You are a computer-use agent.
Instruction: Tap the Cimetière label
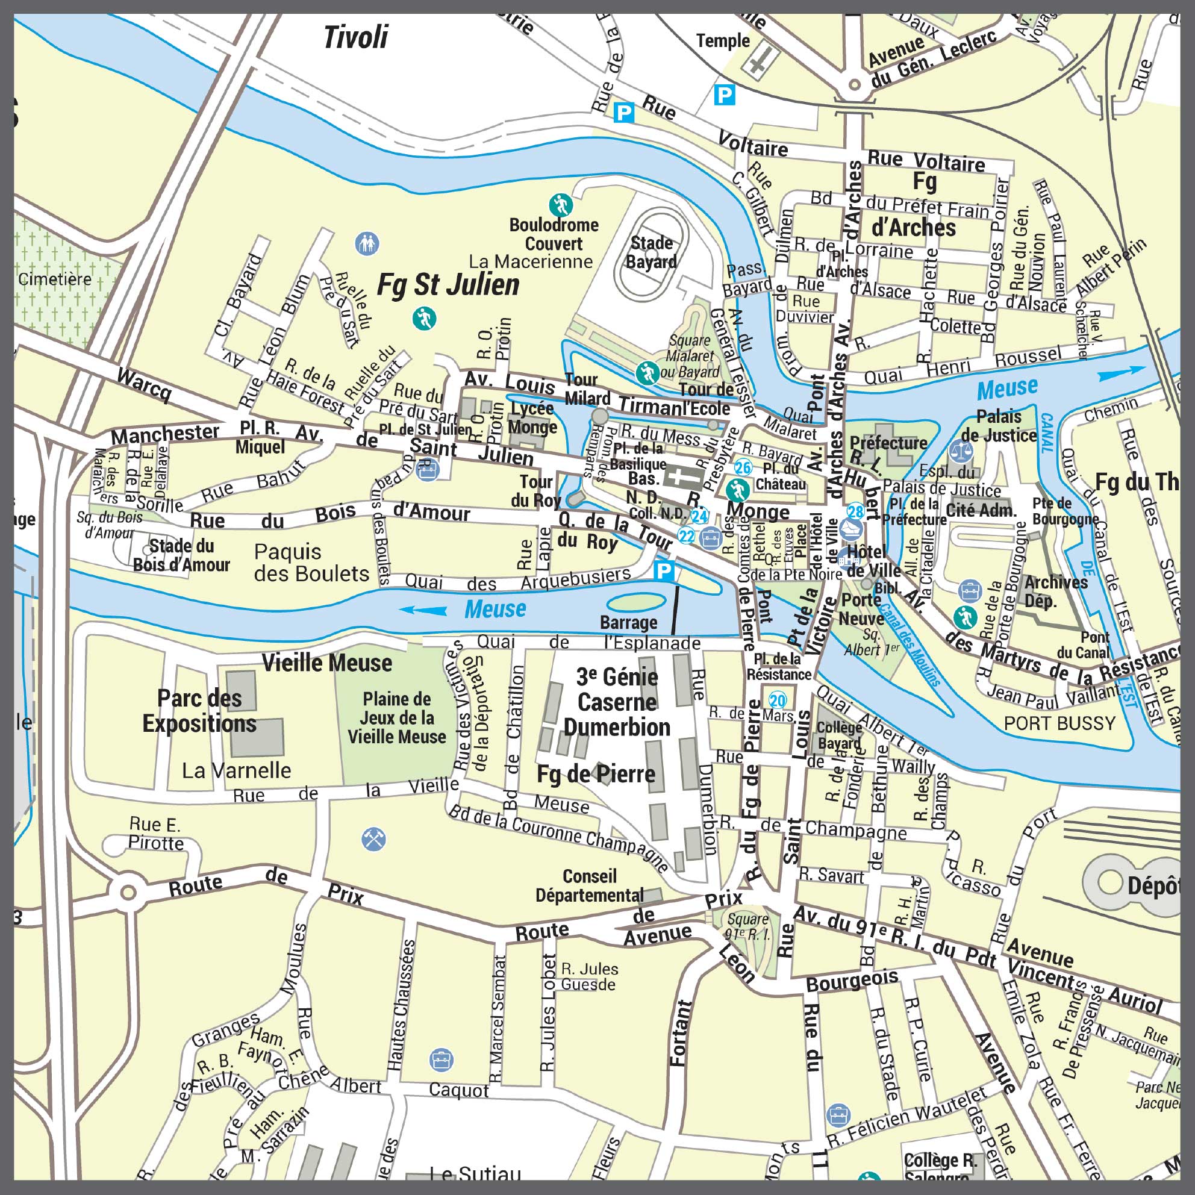tap(54, 279)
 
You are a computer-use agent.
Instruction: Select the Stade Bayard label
tap(651, 252)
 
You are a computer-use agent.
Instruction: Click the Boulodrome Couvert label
tap(554, 234)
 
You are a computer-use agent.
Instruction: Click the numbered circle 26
tap(742, 467)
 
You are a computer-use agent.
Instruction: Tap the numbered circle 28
tap(855, 511)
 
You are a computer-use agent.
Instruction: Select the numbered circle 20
tap(777, 700)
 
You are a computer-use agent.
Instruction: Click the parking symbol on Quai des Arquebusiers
tap(663, 570)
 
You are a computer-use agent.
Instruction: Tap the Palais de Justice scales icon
tap(961, 451)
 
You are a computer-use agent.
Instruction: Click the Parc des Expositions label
tap(199, 711)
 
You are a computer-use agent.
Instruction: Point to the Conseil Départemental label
tap(590, 885)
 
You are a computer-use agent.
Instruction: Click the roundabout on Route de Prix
tap(128, 893)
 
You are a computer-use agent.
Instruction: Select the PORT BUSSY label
tap(1059, 723)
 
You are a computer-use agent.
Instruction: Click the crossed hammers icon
tap(373, 840)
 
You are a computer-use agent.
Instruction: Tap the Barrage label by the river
tap(628, 622)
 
